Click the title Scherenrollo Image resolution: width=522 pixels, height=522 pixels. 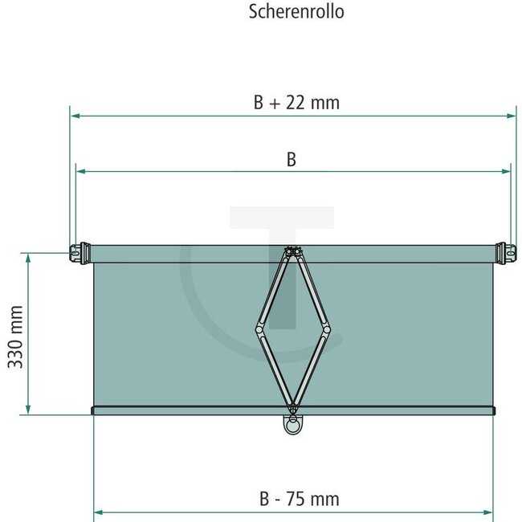(x=297, y=13)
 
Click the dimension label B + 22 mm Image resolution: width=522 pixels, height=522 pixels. (x=296, y=102)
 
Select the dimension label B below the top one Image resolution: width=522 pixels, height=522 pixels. (x=292, y=160)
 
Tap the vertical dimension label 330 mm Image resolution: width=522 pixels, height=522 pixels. (x=15, y=336)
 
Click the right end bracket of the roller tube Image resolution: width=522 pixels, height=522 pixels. (x=505, y=251)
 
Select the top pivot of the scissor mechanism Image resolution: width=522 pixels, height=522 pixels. (x=292, y=253)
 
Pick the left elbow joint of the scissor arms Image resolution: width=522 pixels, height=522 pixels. (x=259, y=328)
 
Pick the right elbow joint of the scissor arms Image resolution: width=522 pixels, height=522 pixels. (x=326, y=328)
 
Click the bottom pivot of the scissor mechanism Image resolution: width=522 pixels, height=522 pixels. (x=292, y=404)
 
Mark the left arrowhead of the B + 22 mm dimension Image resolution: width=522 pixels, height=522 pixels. (x=75, y=116)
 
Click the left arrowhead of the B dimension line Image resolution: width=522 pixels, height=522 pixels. (x=80, y=171)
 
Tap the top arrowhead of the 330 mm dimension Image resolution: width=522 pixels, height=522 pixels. (x=28, y=258)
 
